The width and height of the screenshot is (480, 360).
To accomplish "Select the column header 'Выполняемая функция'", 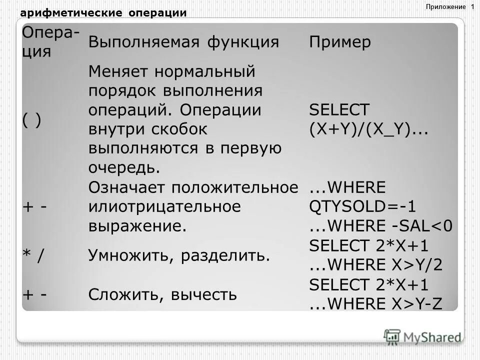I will click(183, 42).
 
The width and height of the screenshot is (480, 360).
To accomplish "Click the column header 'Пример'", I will click(340, 42).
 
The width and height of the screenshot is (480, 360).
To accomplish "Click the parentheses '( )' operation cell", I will click(31, 120).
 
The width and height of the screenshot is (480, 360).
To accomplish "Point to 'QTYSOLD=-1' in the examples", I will click(362, 206).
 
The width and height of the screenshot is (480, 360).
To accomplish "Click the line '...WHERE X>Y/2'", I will click(376, 265).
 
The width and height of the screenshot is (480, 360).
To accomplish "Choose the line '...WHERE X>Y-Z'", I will click(376, 304).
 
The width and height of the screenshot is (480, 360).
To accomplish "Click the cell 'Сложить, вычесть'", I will click(162, 294).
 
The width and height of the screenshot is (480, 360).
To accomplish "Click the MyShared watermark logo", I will click(422, 336).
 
